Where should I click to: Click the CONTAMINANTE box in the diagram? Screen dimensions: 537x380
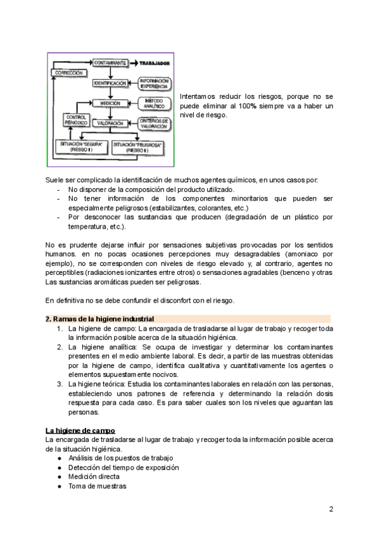coord(111,63)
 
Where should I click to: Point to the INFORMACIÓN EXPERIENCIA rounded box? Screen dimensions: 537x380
coord(154,83)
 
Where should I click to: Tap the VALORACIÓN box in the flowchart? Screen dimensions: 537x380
coord(110,123)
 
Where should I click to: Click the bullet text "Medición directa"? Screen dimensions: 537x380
coord(94,476)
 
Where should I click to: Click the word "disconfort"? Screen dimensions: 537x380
coord(168,300)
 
